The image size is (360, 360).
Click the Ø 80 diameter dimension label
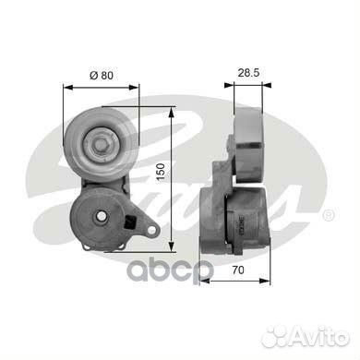[102, 75]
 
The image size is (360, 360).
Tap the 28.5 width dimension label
[248, 73]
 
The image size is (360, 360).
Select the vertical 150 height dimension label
[161, 173]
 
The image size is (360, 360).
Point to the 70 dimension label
[238, 270]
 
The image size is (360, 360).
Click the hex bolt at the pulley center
[100, 144]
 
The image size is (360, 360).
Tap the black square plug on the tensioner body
[129, 222]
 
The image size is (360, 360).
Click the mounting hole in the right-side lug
[151, 230]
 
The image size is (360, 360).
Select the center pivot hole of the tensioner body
[102, 216]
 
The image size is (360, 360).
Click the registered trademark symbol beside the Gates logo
[329, 215]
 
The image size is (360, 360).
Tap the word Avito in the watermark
[320, 336]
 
